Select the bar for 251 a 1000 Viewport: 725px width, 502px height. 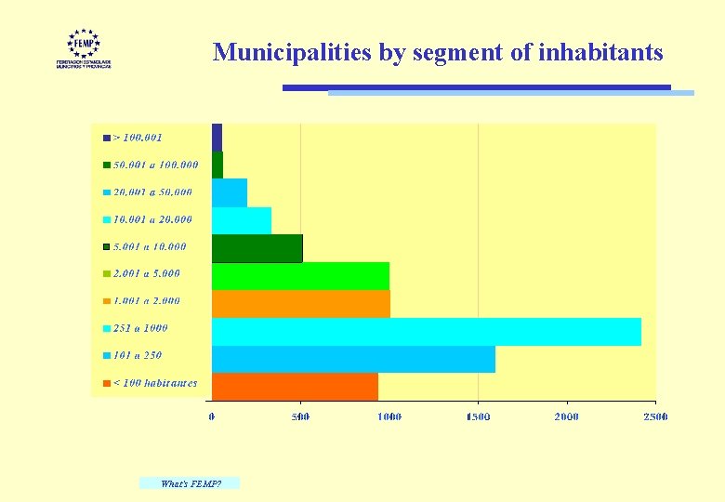(x=426, y=332)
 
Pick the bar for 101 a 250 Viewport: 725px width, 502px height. (x=353, y=359)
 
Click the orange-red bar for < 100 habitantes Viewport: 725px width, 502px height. (x=295, y=386)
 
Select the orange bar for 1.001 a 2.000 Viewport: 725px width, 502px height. (x=300, y=304)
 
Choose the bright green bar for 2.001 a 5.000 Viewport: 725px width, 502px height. (x=300, y=276)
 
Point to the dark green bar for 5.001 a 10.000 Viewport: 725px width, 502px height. (x=257, y=248)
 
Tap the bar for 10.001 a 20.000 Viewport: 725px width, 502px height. (x=241, y=220)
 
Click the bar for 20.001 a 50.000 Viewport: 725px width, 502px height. (x=229, y=192)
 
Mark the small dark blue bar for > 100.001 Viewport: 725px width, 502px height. (x=217, y=137)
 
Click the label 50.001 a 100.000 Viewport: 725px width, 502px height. (x=155, y=165)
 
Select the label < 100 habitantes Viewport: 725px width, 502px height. (x=154, y=383)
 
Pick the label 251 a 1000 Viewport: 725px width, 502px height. (x=140, y=328)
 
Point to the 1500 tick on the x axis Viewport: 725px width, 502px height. (x=478, y=416)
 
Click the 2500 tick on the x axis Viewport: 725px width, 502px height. (x=655, y=416)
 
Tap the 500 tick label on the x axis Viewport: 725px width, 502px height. (x=300, y=416)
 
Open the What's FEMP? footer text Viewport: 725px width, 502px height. (x=190, y=483)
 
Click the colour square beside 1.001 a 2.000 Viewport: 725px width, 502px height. (x=107, y=301)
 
